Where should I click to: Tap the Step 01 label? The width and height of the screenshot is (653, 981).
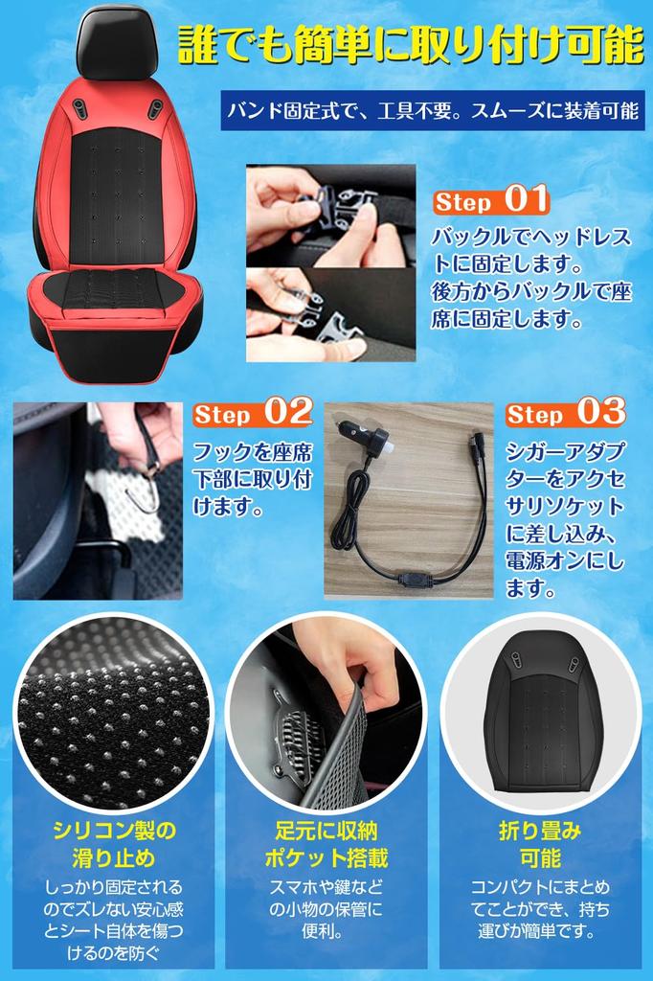(490, 201)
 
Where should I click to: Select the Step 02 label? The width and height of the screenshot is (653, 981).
(253, 413)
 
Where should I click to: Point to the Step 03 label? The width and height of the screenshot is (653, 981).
(565, 413)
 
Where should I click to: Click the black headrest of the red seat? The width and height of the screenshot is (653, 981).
(117, 42)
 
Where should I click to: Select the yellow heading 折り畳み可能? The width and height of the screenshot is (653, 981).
(540, 843)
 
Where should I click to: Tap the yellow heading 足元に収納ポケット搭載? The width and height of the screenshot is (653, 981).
(326, 843)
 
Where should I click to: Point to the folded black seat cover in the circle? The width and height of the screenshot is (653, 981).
(543, 714)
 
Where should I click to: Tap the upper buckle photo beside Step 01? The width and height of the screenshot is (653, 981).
(330, 216)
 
